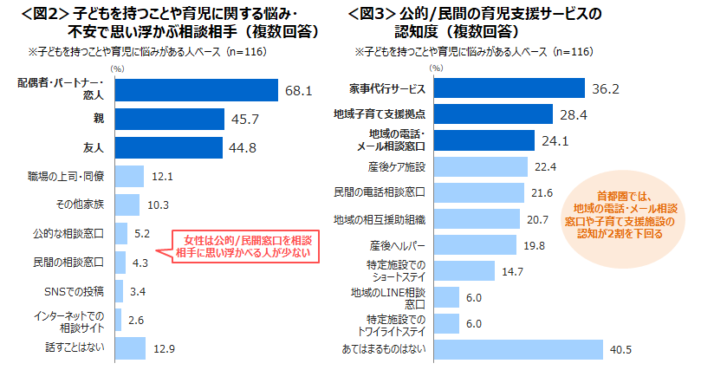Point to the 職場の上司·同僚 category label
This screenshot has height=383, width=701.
66,176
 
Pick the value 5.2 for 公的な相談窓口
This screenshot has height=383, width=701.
143,233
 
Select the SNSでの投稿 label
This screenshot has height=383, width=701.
75,290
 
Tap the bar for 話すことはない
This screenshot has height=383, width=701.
130,347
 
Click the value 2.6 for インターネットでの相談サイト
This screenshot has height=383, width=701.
135,319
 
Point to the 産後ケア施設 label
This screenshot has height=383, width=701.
396,166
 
